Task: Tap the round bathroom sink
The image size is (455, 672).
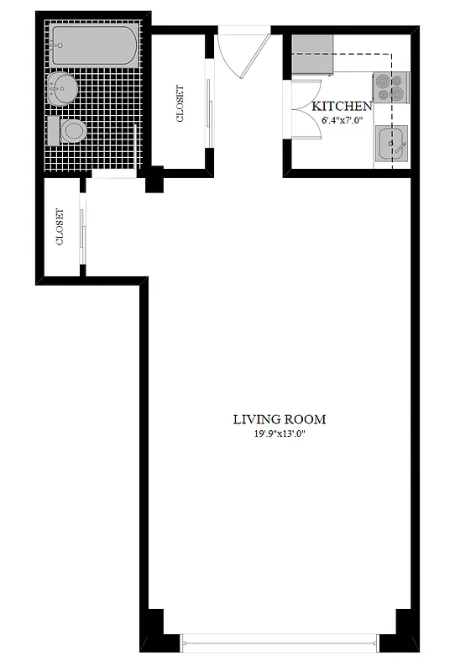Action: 62,85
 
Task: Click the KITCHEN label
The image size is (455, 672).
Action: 341,107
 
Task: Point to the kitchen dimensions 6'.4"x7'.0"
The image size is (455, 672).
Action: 341,120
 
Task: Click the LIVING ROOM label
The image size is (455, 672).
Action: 280,419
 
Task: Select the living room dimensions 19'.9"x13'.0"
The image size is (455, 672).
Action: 280,434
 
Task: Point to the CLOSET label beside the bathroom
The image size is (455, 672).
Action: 180,104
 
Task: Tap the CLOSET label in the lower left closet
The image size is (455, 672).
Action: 60,227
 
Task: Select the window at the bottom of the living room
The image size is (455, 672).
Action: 276,643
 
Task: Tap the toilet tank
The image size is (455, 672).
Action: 53,131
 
